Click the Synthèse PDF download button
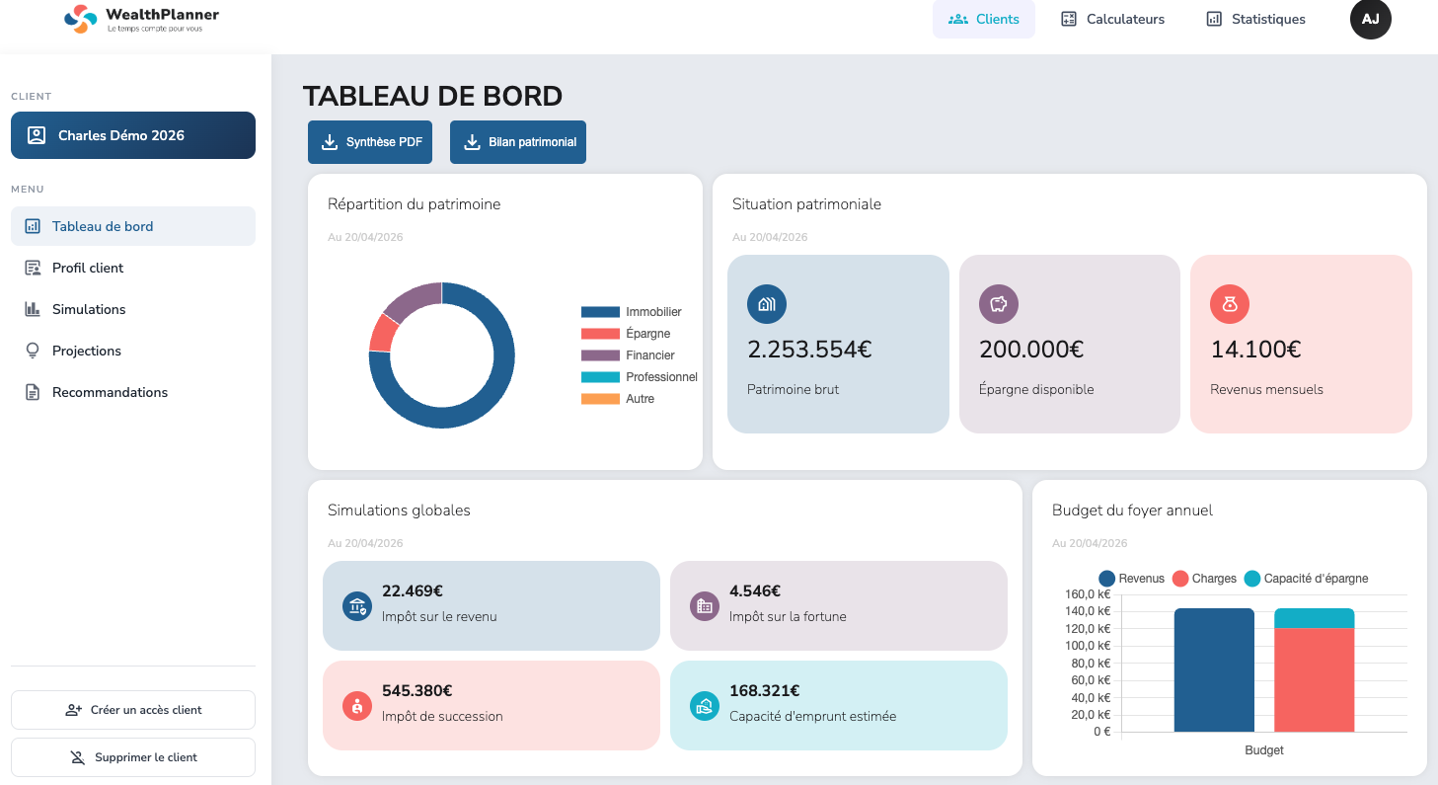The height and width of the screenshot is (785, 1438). click(370, 142)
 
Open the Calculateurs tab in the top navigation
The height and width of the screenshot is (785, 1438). click(1112, 19)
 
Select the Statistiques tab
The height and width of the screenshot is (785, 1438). click(1255, 19)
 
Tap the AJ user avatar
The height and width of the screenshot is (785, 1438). click(1370, 19)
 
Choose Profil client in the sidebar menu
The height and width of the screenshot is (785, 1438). click(88, 268)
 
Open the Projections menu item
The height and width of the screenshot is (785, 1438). click(87, 351)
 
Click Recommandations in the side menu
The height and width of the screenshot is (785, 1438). click(110, 392)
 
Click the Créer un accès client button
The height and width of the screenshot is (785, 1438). click(133, 710)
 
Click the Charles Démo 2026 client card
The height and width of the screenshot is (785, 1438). click(133, 135)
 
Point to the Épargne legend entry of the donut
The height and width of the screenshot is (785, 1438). click(647, 334)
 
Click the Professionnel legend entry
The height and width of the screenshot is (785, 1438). click(661, 377)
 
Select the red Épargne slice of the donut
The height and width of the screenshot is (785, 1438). click(382, 334)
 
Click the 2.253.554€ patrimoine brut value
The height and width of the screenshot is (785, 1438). click(809, 350)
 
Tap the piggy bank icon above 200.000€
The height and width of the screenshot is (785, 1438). click(998, 304)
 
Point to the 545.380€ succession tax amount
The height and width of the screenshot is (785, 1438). click(416, 691)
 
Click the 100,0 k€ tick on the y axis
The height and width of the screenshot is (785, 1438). click(1089, 646)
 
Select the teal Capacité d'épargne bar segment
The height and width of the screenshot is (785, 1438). click(1314, 618)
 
